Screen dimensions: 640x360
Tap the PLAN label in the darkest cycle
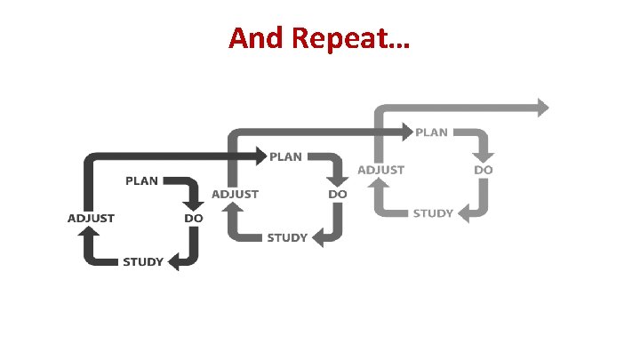141,180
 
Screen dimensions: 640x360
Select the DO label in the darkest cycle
193,218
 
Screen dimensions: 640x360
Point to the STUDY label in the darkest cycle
142,261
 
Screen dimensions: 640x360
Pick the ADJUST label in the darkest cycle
91,218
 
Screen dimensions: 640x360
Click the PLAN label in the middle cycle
285,156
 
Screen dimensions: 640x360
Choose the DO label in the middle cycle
338,193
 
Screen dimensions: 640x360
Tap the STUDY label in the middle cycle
287,237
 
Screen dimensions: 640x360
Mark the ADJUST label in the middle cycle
235,193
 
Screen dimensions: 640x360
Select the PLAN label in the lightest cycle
432,132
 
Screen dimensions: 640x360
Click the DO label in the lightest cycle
484,169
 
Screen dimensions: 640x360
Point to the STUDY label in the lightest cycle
433,213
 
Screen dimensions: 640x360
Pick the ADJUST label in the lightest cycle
380,169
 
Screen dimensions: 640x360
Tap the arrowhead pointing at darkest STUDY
175,262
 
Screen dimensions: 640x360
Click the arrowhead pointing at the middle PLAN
260,156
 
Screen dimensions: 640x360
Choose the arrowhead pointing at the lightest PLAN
406,132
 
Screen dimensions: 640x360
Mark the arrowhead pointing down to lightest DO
484,152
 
